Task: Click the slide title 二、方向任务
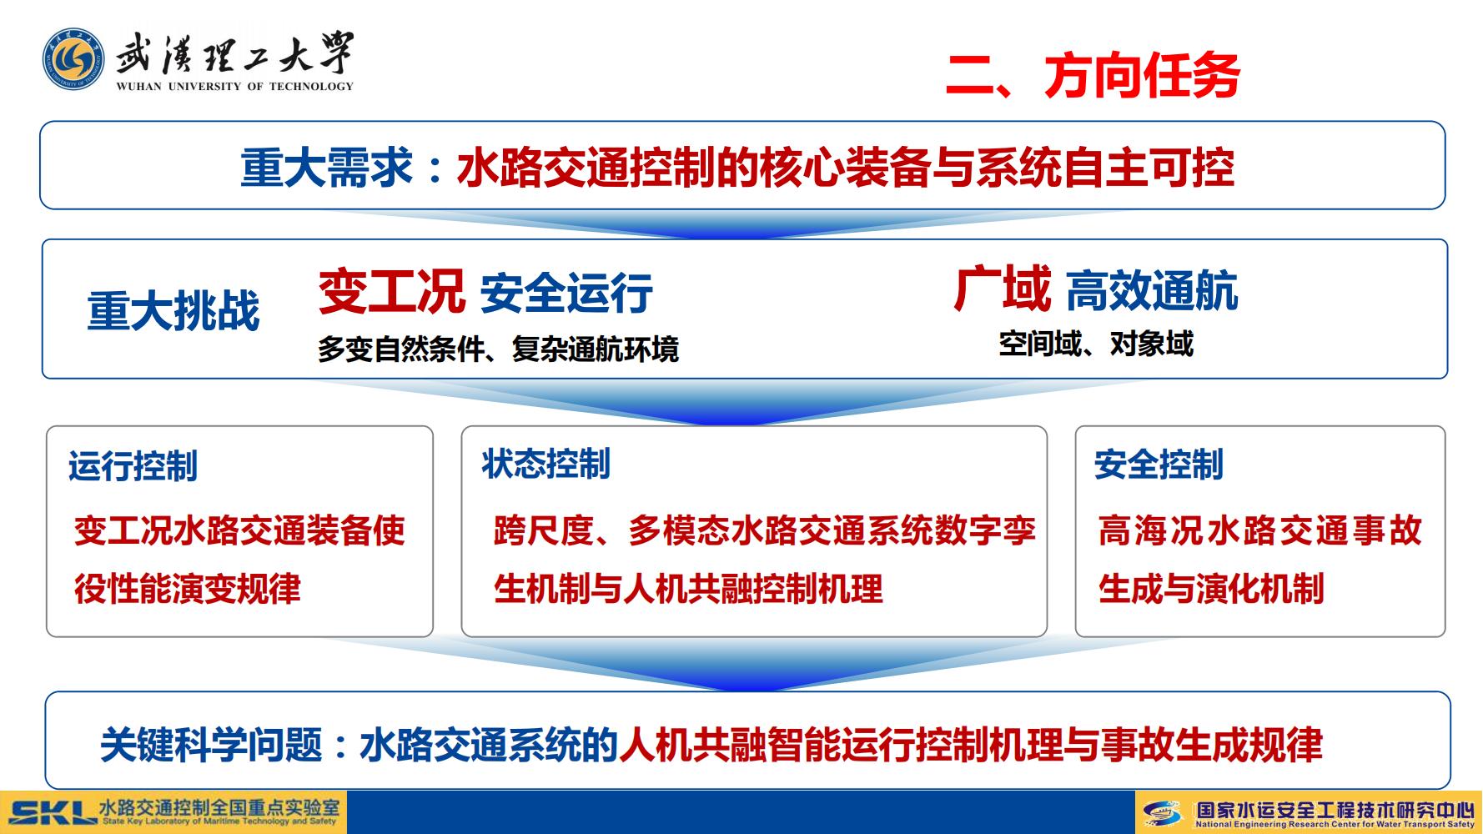pos(1093,76)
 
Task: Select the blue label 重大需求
pos(327,168)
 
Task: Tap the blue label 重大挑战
pos(173,311)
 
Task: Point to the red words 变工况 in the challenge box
pos(391,291)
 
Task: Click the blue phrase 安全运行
pos(566,294)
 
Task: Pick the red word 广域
pos(1002,289)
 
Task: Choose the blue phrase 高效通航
pos(1152,292)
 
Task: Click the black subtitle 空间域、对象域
pos(1096,344)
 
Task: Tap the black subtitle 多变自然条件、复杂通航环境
pos(498,349)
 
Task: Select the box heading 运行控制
pos(133,466)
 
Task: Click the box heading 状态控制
pos(545,465)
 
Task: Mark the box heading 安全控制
pos(1159,465)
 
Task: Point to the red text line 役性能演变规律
pos(188,589)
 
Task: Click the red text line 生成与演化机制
pos(1211,589)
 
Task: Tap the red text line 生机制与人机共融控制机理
pos(688,589)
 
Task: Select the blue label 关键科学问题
pos(211,744)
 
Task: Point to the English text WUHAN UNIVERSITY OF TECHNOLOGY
pos(235,86)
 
